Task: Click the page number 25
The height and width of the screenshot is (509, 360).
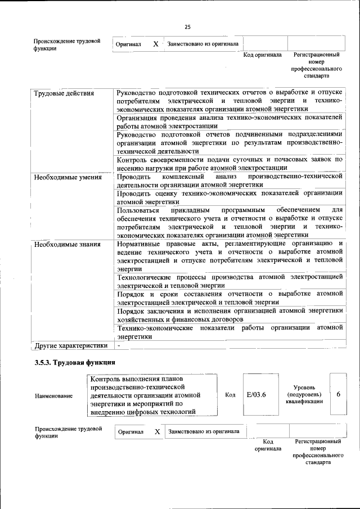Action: click(187, 26)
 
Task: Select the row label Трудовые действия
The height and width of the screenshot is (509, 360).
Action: click(64, 93)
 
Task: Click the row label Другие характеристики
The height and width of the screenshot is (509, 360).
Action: click(70, 345)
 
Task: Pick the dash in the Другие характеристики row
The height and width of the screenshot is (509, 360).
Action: click(119, 345)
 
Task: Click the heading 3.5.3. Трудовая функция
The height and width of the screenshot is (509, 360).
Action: click(75, 363)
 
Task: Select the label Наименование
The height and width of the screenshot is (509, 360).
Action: click(53, 396)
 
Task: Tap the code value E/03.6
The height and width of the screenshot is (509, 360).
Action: click(256, 395)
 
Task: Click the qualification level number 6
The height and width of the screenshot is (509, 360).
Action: click(339, 395)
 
